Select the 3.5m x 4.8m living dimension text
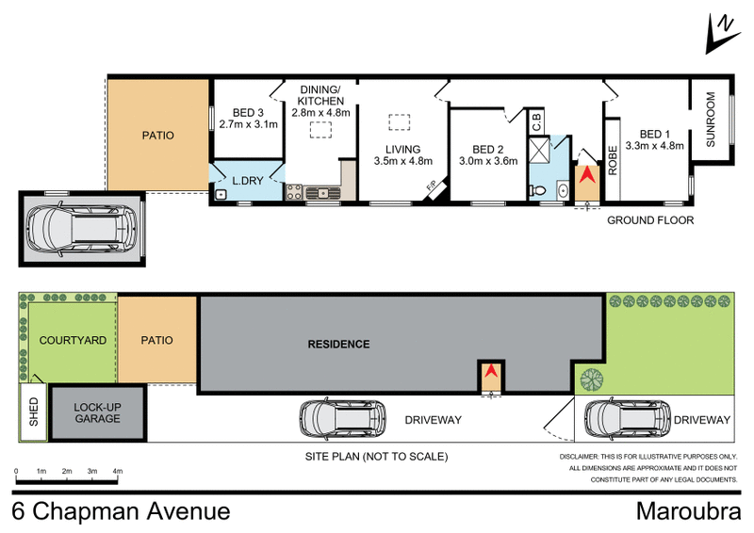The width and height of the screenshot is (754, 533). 396,162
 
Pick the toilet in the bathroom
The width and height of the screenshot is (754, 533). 540,191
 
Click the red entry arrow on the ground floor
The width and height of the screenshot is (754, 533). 586,175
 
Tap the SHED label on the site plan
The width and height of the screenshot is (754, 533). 33,412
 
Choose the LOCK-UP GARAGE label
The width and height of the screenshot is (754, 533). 97,412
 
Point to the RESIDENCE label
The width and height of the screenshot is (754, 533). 338,344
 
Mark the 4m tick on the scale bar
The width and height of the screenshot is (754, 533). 118,469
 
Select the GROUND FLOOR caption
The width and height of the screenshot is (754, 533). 649,220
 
